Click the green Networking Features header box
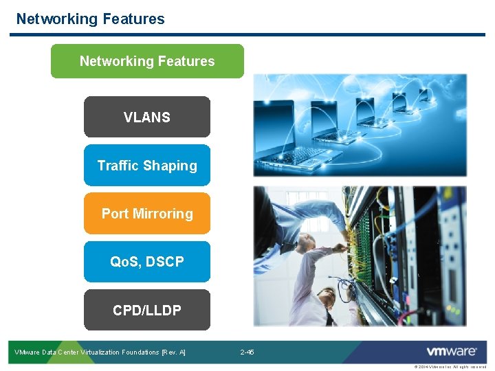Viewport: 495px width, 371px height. coord(147,61)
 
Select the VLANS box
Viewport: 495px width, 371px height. coord(147,117)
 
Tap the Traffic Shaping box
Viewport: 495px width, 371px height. coord(147,166)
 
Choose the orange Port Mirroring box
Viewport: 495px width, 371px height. coord(147,214)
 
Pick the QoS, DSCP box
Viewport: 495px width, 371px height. coord(147,262)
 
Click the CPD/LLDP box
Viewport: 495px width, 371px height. coord(147,310)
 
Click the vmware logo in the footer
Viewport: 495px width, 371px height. coord(452,351)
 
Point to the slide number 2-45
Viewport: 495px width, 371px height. coord(247,352)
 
